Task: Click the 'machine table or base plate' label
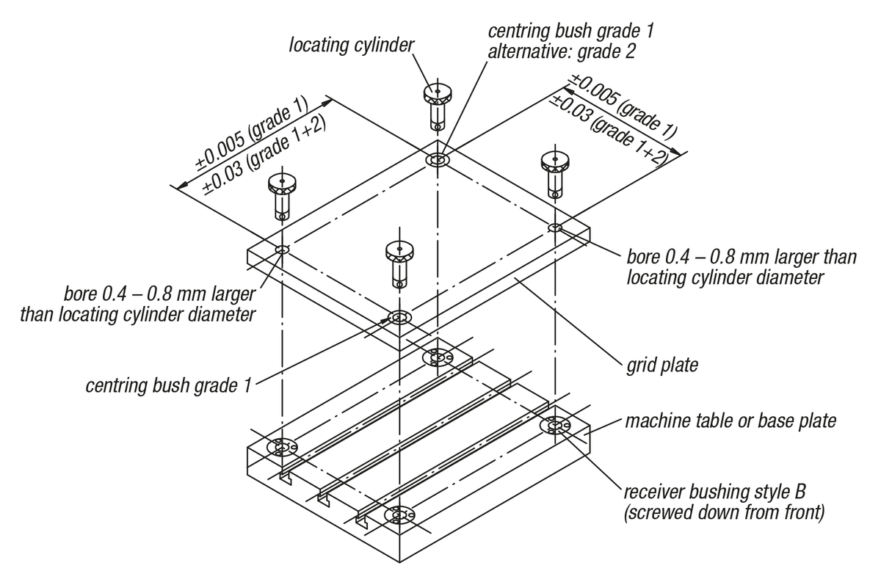coord(730,422)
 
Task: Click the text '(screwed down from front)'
coord(722,513)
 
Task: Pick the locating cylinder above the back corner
coord(436,102)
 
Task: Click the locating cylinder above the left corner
coord(281,195)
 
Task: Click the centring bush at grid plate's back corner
coord(439,160)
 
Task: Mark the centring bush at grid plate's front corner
coord(399,319)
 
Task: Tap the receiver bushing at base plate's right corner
coord(555,425)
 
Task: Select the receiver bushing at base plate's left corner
coord(281,446)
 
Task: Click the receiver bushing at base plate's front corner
coord(399,516)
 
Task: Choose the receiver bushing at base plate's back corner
coord(438,357)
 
